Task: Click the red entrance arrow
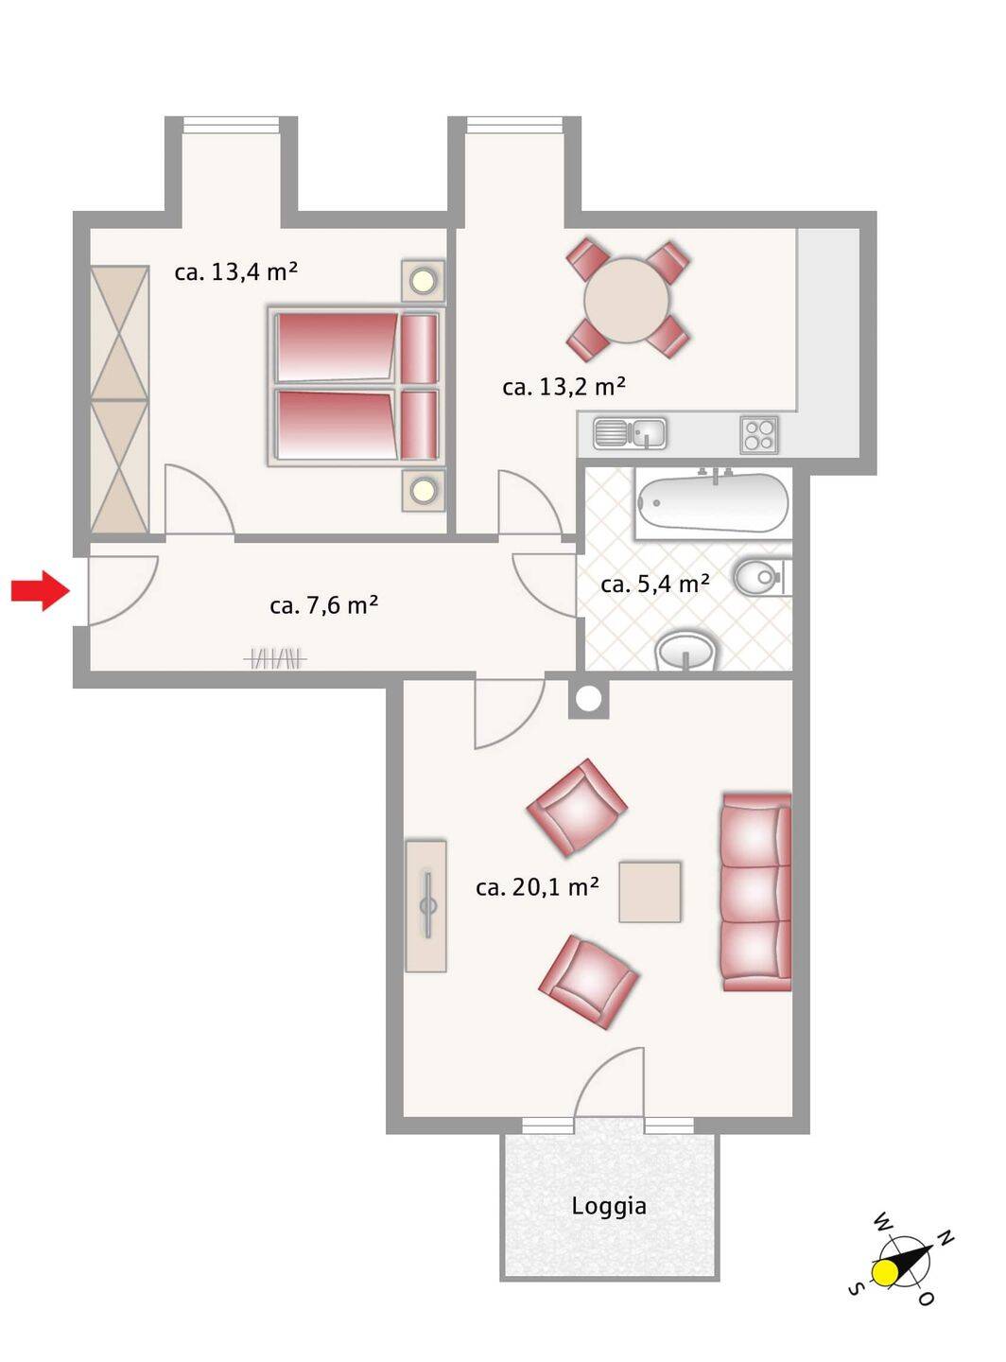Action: point(41,590)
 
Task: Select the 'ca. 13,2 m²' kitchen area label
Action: point(564,386)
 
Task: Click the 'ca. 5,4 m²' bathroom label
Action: point(655,584)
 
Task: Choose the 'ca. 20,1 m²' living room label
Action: point(537,886)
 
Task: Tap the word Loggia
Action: point(609,1206)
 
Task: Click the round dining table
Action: point(627,300)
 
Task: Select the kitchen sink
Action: point(630,432)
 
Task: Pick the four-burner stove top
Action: point(759,434)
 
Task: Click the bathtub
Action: point(713,504)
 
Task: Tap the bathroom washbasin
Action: point(686,651)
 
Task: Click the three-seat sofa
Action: point(756,892)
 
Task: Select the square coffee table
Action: point(650,891)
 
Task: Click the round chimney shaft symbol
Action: point(589,698)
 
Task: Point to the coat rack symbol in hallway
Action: point(275,660)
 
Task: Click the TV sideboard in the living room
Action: point(425,906)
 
